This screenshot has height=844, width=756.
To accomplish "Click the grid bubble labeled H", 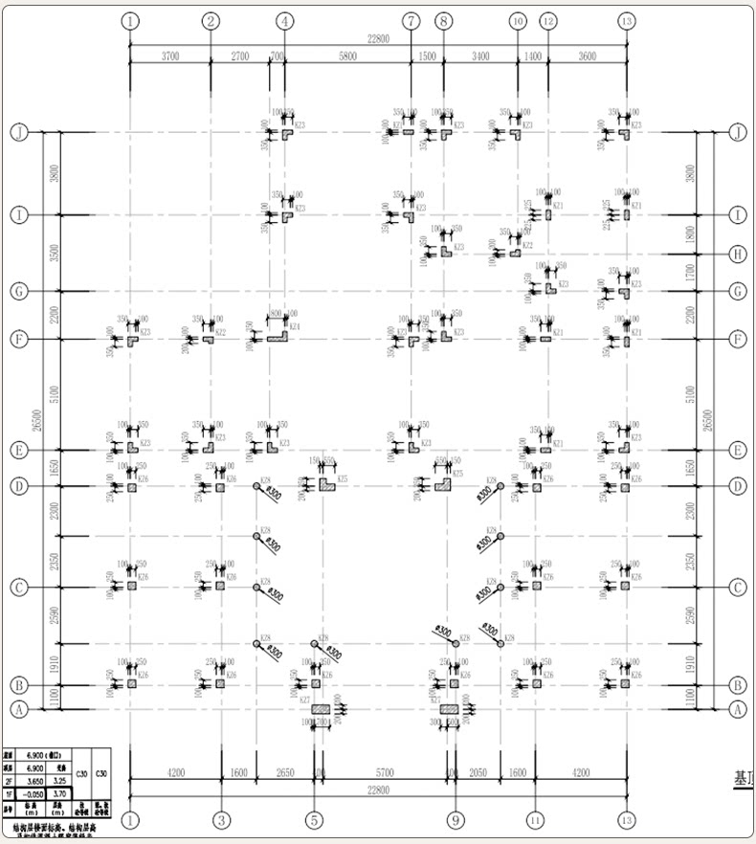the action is coord(737,254).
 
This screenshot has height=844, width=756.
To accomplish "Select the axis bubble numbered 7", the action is coord(411,21).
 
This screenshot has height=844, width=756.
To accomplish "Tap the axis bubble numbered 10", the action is coord(518,21).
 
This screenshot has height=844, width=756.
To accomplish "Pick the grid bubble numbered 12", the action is coord(548,21).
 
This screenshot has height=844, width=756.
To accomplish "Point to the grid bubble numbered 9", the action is coord(456,820).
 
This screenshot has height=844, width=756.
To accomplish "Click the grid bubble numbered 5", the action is coord(315,820).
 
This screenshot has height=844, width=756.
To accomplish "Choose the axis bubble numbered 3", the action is coord(222,820).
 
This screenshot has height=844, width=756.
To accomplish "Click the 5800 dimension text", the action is coord(347,56).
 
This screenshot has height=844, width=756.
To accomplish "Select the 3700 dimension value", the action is coord(169,56).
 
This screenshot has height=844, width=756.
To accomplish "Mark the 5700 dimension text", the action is coord(385,772).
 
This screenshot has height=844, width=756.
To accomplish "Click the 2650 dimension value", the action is coord(285,772).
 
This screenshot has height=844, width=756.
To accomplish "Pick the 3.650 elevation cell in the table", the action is coord(34,781).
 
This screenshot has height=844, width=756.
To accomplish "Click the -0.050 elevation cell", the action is coord(34,793).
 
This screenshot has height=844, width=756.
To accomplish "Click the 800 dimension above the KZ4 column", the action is coord(275,313).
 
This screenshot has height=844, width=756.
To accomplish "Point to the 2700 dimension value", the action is coord(239,56).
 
